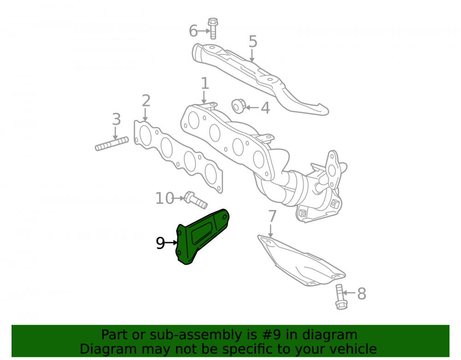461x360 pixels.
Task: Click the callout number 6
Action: [193, 31]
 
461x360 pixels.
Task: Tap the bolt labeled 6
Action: [213, 29]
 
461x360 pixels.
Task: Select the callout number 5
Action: [253, 41]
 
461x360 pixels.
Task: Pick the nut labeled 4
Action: [238, 106]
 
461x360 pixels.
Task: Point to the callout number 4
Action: [265, 108]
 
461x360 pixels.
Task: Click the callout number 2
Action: [146, 101]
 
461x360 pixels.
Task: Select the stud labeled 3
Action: [112, 144]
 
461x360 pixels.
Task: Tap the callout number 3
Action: [117, 119]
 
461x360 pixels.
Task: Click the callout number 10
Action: [165, 198]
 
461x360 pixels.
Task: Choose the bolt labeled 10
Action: [195, 200]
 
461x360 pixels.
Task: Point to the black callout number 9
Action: [160, 243]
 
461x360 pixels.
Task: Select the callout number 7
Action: [272, 216]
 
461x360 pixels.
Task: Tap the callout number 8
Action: [361, 294]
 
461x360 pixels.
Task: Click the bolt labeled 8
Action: [341, 297]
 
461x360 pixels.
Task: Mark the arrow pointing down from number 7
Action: [271, 230]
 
